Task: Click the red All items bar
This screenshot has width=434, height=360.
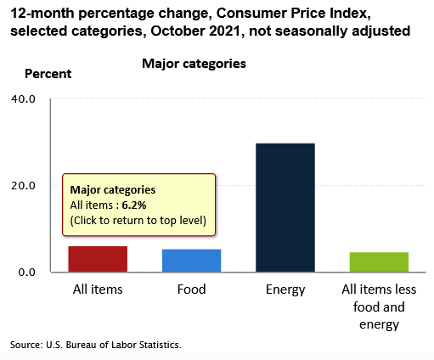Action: [98, 259]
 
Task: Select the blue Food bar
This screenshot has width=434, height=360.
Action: [191, 261]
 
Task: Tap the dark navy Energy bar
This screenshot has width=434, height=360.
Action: [285, 208]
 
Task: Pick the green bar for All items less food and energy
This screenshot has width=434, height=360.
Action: [379, 262]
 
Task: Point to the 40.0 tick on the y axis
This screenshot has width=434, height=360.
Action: [23, 99]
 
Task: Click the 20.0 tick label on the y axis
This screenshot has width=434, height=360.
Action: [23, 186]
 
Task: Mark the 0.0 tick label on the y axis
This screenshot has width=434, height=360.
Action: [27, 273]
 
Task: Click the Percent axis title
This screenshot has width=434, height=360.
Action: [48, 74]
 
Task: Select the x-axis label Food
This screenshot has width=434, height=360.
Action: [191, 290]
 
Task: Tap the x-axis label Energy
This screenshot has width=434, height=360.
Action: [285, 290]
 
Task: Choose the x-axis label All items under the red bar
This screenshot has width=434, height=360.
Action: [98, 290]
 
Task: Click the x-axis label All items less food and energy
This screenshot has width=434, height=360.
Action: [379, 307]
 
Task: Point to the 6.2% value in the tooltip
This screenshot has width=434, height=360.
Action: [134, 205]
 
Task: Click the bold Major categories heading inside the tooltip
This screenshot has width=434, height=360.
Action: [113, 190]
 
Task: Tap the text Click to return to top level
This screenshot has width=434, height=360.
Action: [138, 221]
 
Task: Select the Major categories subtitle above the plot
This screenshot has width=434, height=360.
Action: [194, 64]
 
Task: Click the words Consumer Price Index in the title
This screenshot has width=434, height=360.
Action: [293, 13]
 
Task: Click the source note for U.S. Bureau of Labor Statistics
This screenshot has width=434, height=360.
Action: [96, 345]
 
